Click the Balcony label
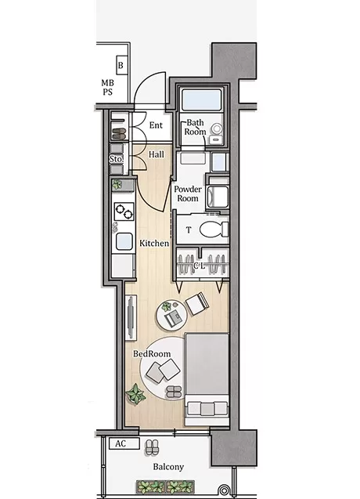[x=168, y=467]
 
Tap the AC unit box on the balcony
[x=124, y=443]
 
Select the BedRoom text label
[x=152, y=353]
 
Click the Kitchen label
[x=154, y=243]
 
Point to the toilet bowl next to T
[x=214, y=229]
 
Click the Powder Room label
[x=188, y=193]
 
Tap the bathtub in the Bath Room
[x=201, y=99]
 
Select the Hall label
[x=157, y=154]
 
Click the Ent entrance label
[x=156, y=125]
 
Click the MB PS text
[x=107, y=88]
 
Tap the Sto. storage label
[x=116, y=159]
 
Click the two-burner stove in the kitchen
[x=124, y=212]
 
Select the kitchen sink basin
[x=124, y=241]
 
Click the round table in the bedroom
[x=171, y=315]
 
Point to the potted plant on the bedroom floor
[x=136, y=394]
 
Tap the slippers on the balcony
[x=152, y=447]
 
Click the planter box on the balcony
[x=165, y=486]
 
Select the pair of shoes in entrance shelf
[x=119, y=134]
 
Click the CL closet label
[x=200, y=265]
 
